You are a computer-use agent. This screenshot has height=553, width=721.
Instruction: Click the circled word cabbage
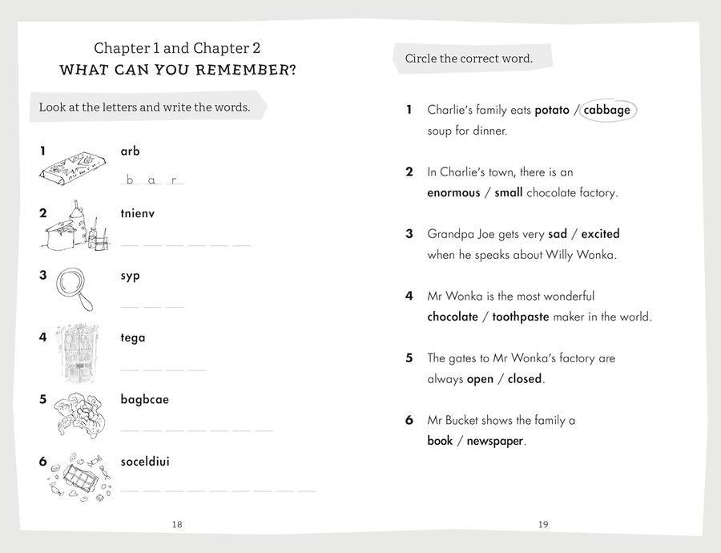click(x=608, y=110)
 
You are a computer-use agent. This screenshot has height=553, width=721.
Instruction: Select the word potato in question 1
click(x=551, y=110)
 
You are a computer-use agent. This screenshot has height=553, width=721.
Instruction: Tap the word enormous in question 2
click(x=453, y=192)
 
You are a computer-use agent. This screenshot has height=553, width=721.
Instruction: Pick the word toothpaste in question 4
click(x=521, y=317)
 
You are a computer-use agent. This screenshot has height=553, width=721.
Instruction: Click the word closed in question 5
click(x=525, y=379)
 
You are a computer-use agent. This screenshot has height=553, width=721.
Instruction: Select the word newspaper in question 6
click(x=496, y=441)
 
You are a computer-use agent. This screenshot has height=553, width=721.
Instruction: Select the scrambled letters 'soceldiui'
click(x=145, y=462)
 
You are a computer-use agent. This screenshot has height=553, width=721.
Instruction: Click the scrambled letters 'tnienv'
click(x=137, y=213)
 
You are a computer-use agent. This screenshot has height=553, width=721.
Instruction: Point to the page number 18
click(x=177, y=524)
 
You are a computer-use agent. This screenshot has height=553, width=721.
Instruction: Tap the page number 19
click(x=543, y=524)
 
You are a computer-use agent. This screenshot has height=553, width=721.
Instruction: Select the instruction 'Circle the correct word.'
click(x=469, y=59)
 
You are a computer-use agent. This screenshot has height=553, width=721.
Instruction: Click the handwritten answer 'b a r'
click(x=151, y=180)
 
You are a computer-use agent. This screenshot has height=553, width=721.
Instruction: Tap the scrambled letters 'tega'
click(x=133, y=337)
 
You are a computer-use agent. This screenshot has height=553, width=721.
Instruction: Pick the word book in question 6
click(x=440, y=441)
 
